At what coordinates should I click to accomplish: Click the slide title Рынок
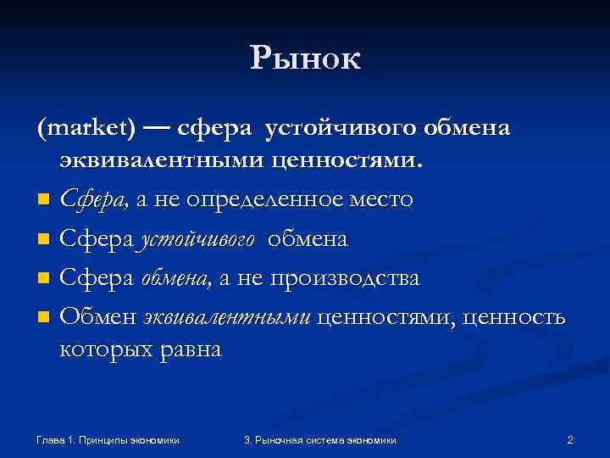[x=305, y=59]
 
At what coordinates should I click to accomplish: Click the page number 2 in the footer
[x=570, y=439]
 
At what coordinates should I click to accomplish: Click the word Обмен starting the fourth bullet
[x=98, y=317]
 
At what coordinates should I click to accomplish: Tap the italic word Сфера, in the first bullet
[x=95, y=200]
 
